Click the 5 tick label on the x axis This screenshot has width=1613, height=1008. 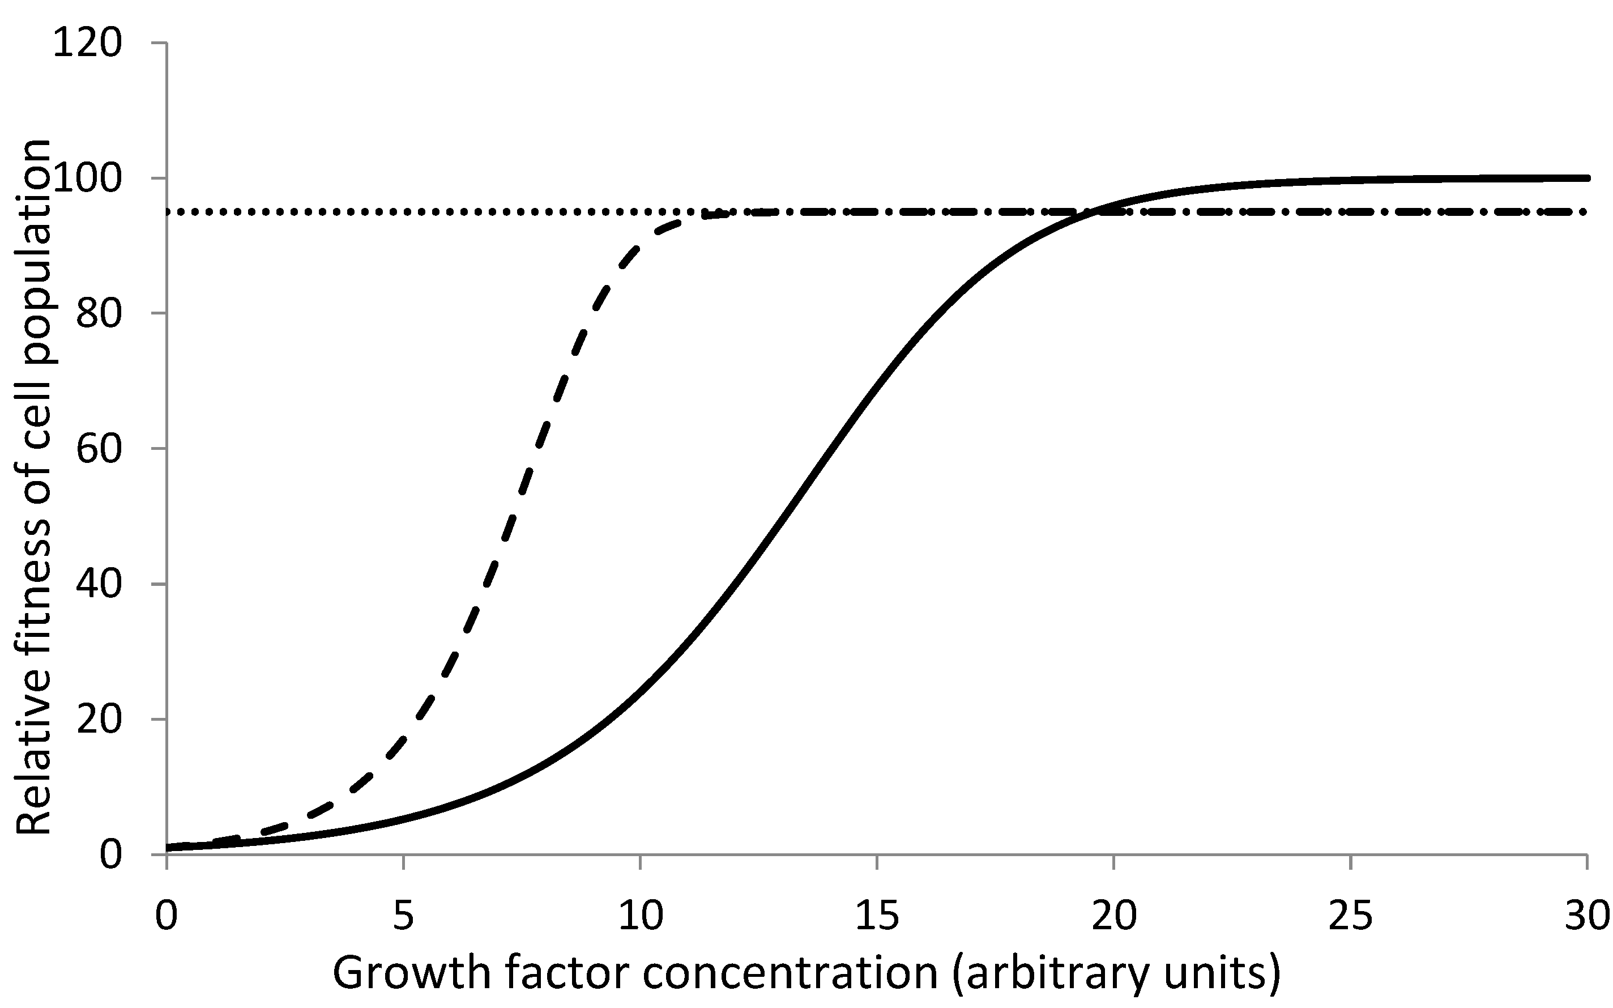coord(403,916)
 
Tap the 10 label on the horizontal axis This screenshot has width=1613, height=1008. coord(640,916)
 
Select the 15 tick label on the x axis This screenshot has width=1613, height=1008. coord(877,916)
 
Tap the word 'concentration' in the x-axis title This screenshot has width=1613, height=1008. coord(790,974)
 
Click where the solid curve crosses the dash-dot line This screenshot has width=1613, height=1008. coord(1093,212)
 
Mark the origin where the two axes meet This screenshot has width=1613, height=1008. coord(167,854)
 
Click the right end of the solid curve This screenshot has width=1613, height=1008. coord(1587,178)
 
